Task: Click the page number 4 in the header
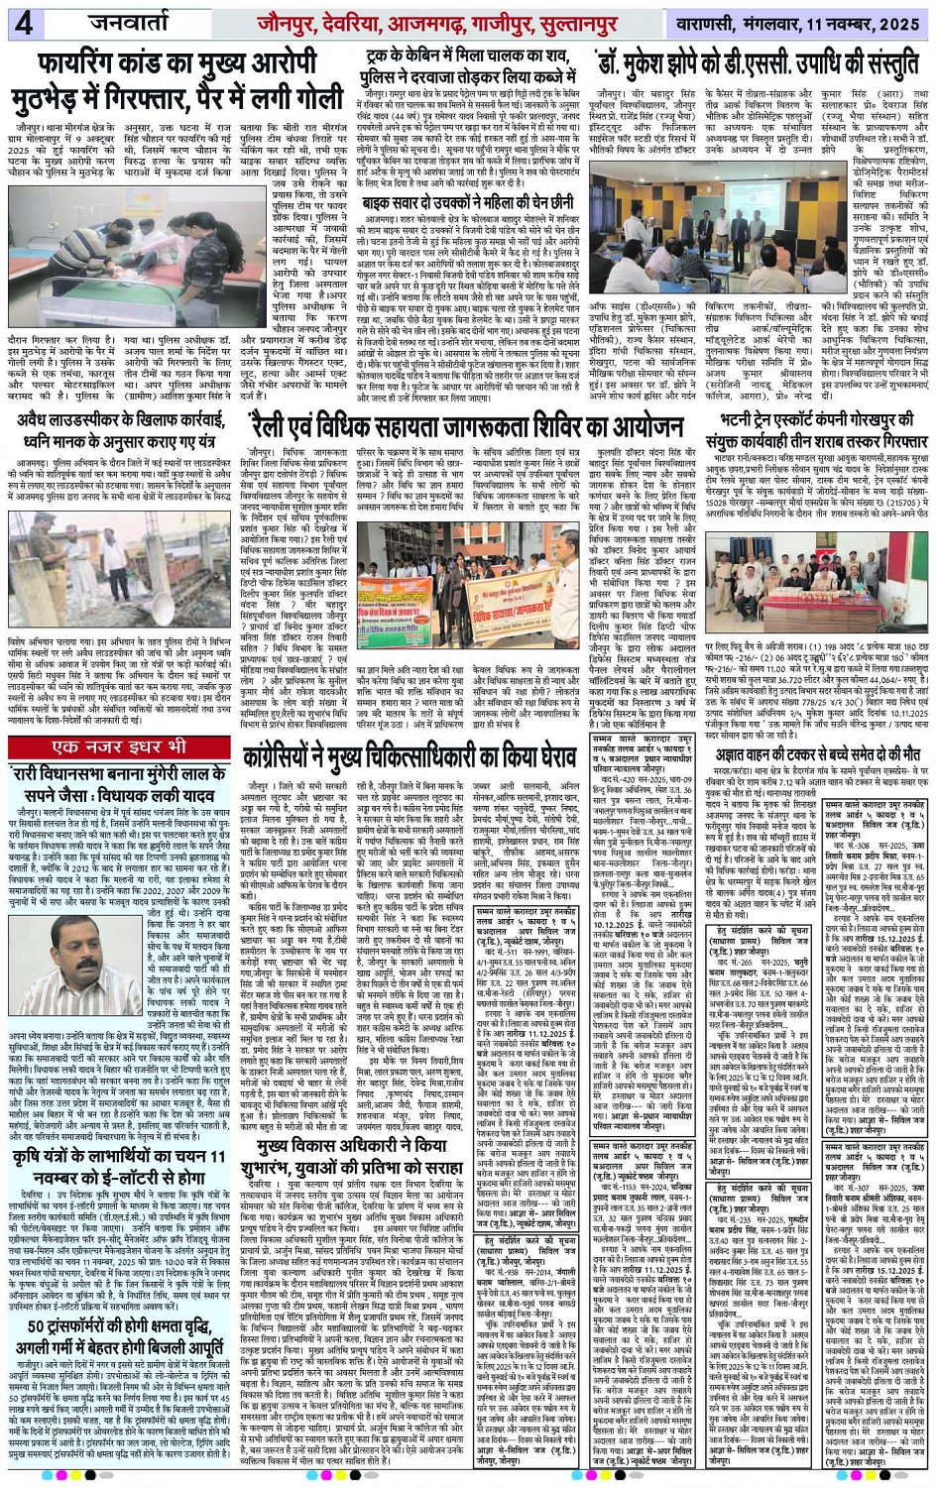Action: (x=21, y=23)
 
